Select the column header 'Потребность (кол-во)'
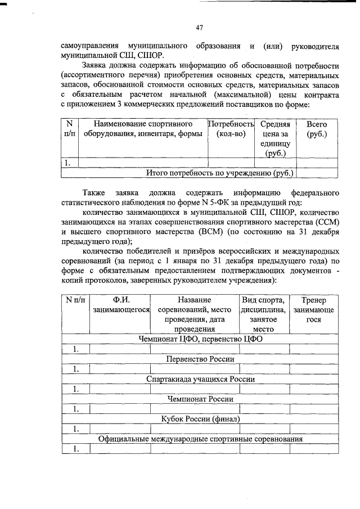click(231, 128)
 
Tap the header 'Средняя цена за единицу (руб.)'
click(275, 138)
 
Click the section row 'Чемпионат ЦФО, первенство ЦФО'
click(200, 339)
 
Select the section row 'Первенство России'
click(200, 359)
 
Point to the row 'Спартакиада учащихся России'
click(200, 379)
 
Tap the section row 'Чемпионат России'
click(200, 399)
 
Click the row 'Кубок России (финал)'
click(200, 419)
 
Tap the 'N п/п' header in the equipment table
click(69, 128)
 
